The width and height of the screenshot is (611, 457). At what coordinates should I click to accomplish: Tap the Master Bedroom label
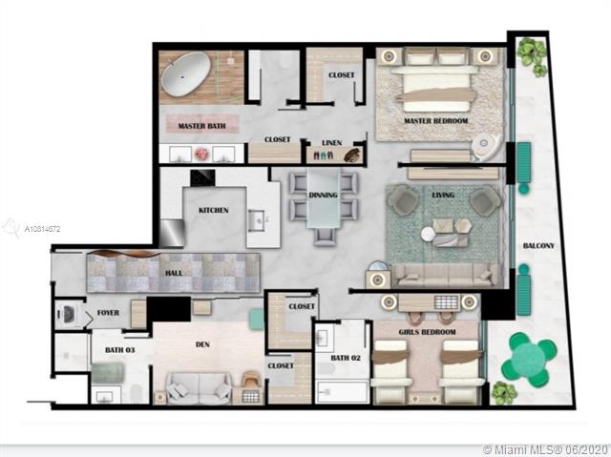point(435,120)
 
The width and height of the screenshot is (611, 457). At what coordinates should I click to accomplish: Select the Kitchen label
point(214,210)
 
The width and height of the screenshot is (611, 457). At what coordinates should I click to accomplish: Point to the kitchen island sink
point(258,220)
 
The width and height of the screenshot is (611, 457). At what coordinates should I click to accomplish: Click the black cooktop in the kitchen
point(202,177)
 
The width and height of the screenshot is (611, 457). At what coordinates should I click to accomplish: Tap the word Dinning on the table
point(323,195)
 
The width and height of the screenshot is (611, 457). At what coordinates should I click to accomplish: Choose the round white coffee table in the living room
point(428,235)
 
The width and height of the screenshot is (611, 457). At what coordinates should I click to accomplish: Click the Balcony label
point(538,245)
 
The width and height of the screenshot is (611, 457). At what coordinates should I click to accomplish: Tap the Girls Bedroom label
point(427,332)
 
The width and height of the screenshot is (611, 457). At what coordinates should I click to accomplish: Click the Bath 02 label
point(346,358)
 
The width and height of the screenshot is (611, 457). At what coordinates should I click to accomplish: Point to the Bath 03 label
point(120,350)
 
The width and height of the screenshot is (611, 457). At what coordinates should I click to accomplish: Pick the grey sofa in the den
point(199,387)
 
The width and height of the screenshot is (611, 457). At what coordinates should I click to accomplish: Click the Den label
point(202,344)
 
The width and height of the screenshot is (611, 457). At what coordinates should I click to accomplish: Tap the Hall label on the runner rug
point(174,273)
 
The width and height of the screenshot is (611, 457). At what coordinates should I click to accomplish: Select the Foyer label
point(108,313)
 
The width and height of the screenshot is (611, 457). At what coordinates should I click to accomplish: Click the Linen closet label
point(332,143)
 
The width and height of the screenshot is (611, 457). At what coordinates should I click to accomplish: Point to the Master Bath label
point(201,126)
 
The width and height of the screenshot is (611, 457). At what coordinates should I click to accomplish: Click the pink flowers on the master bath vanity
point(201,154)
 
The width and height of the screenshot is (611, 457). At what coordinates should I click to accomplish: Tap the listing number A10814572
point(42,229)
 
